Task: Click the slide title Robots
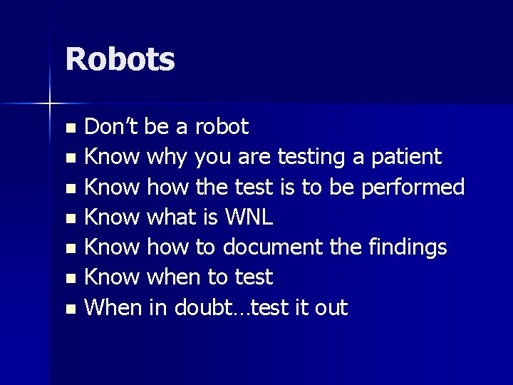coord(120,59)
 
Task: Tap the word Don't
coord(113,127)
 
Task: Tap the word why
coord(170,155)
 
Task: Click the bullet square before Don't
coord(70,129)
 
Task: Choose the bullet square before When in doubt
coord(70,309)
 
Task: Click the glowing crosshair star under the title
coord(50,104)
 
